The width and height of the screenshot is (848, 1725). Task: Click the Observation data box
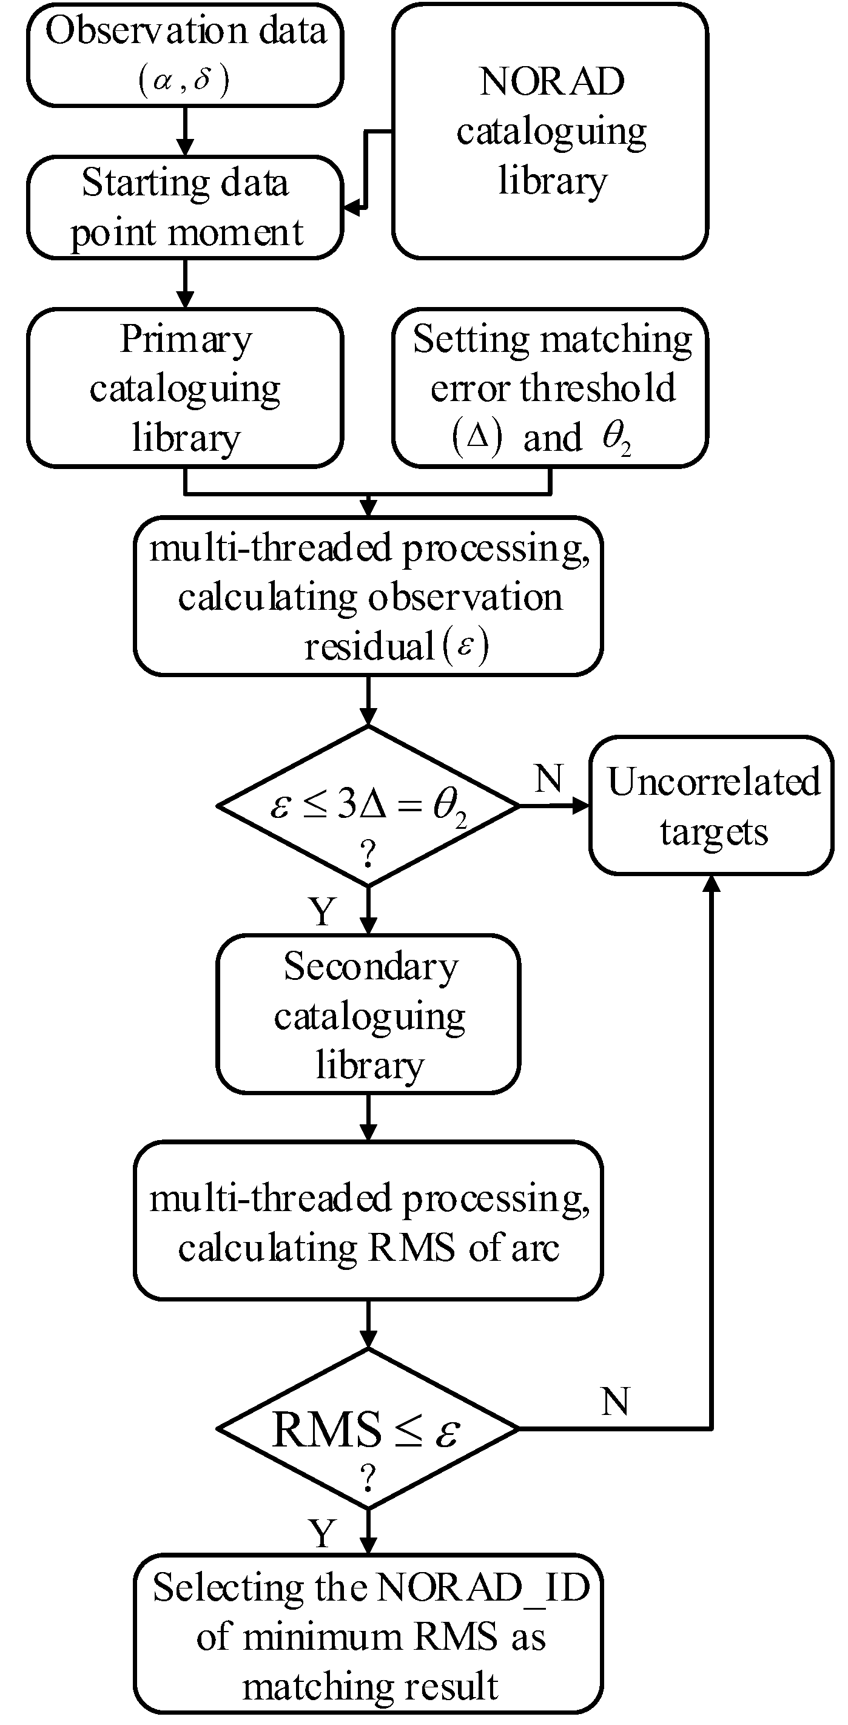coord(185,55)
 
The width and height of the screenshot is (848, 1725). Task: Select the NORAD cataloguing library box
coord(550,131)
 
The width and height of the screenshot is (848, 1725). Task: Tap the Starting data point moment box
coord(185,208)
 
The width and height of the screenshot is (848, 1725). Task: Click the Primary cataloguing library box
coord(185,388)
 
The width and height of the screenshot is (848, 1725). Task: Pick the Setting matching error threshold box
coord(550,388)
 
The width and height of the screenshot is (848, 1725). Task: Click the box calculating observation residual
coord(368,596)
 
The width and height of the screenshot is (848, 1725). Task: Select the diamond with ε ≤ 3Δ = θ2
coord(368,806)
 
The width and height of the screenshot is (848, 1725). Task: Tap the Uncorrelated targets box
coord(712,806)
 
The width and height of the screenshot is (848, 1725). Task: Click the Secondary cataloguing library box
coord(368,1014)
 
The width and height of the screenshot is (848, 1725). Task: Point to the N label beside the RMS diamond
coord(615,1401)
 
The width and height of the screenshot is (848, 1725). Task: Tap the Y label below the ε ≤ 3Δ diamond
coord(323,912)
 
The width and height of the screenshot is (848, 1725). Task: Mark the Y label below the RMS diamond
coord(323,1533)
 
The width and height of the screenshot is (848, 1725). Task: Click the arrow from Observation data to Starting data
coord(185,131)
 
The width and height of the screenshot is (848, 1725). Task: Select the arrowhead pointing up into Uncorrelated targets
coord(712,884)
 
